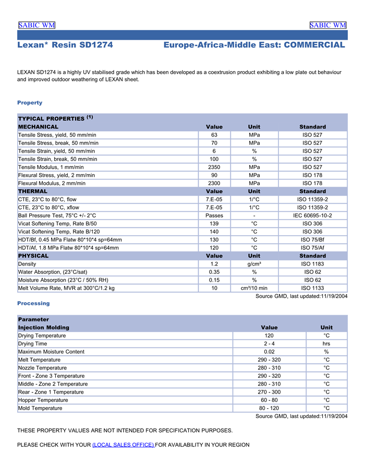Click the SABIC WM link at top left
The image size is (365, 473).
[36, 25]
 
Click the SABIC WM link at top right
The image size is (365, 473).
[327, 25]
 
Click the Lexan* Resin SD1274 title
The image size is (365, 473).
[65, 45]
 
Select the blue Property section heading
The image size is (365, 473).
[30, 102]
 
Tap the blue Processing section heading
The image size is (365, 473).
[33, 303]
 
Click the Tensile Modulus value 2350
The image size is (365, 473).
[214, 167]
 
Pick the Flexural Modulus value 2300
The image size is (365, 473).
[214, 183]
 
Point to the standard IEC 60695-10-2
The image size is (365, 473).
[312, 215]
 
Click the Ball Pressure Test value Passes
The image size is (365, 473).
[214, 215]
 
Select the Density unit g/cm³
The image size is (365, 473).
[254, 264]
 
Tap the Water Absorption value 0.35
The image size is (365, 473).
[214, 272]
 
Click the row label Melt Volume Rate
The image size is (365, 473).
[66, 288]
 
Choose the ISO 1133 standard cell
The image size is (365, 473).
[312, 288]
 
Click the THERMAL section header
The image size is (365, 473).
[33, 191]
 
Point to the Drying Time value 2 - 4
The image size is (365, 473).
[269, 344]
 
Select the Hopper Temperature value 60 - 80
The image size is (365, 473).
[269, 400]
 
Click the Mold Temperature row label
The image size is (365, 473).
[40, 408]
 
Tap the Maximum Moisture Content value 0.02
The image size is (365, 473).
[269, 352]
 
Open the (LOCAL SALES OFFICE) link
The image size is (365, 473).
[123, 445]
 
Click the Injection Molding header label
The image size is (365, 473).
[43, 328]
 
